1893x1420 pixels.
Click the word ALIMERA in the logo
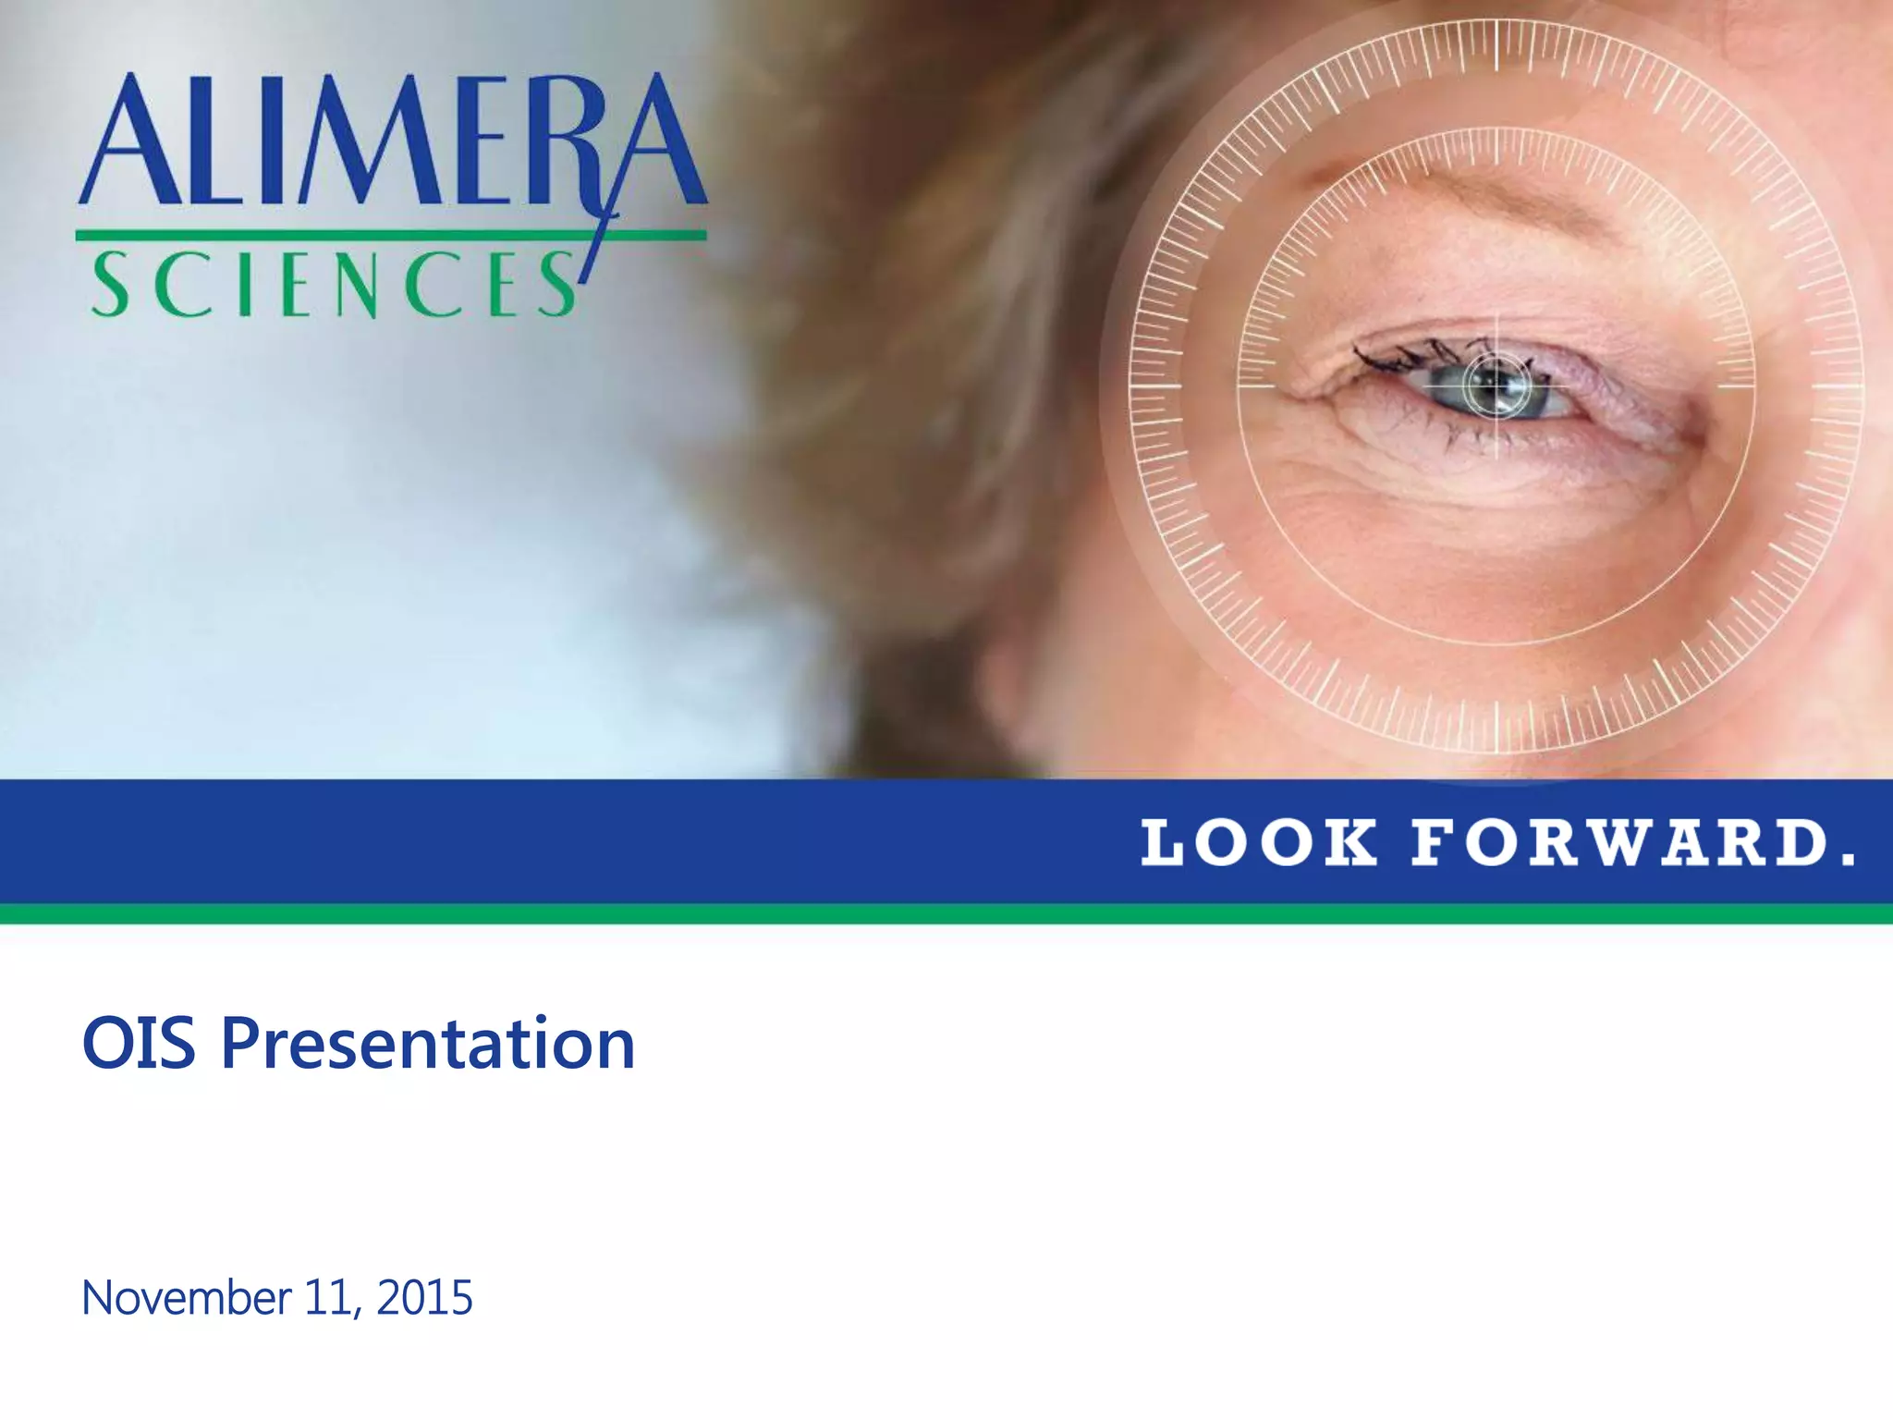point(393,141)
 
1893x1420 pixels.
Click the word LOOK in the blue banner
point(1258,843)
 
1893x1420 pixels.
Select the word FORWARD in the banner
point(1620,843)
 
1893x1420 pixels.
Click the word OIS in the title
point(139,1044)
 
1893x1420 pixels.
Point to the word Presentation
point(428,1044)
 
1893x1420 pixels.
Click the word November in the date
point(186,1297)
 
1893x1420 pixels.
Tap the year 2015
point(425,1297)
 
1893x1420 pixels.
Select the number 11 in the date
point(323,1297)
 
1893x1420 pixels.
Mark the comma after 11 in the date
point(357,1311)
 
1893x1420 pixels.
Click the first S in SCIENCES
point(111,285)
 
